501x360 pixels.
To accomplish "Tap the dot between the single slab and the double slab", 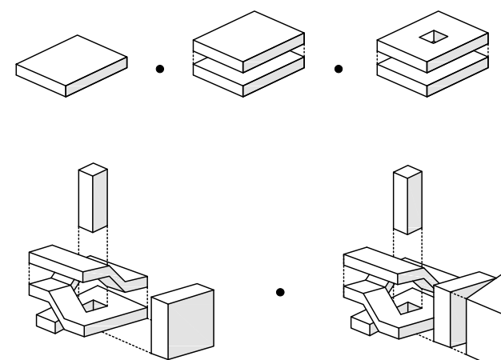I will [160, 70].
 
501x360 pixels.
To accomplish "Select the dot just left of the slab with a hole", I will [339, 70].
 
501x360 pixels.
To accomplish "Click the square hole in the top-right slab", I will [434, 36].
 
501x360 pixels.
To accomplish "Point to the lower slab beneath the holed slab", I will [433, 78].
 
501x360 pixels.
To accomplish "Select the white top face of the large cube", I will [182, 293].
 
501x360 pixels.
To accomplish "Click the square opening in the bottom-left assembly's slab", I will [97, 303].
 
